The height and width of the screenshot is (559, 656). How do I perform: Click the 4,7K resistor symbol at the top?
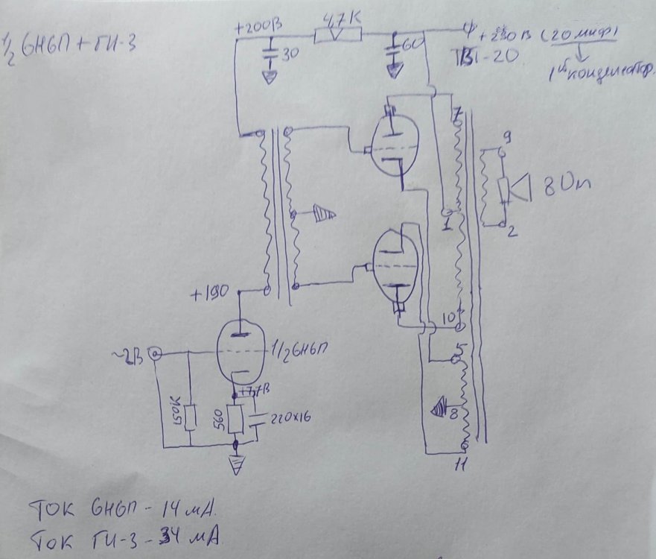click(339, 35)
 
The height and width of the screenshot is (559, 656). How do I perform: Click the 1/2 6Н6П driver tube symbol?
click(241, 351)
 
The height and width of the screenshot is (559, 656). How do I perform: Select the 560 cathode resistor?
click(238, 420)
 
